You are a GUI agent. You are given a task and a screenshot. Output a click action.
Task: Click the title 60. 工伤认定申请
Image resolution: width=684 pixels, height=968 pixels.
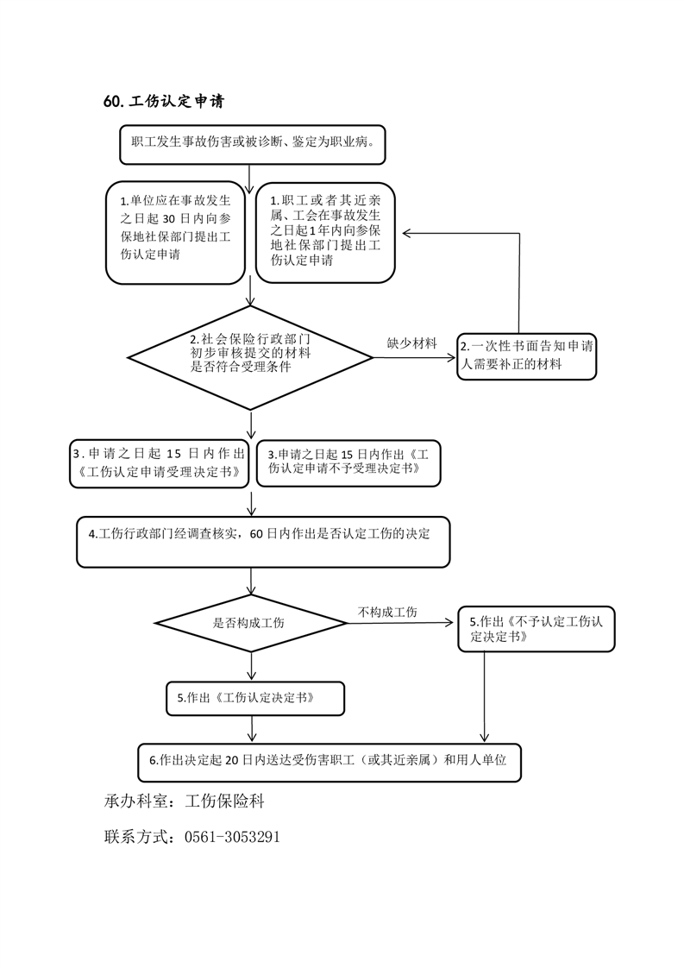[x=163, y=102]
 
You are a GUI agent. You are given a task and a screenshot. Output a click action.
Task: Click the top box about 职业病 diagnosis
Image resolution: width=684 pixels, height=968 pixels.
[x=252, y=144]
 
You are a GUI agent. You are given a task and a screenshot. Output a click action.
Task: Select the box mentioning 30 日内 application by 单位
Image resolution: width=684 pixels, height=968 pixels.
[x=176, y=232]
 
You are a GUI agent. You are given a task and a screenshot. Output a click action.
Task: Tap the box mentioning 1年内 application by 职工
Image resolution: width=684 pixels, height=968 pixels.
[x=325, y=232]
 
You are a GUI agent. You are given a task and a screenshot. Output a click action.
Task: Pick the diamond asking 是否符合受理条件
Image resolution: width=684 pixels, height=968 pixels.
[x=250, y=356]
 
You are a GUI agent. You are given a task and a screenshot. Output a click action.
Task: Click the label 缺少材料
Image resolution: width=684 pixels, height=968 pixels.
[x=411, y=343]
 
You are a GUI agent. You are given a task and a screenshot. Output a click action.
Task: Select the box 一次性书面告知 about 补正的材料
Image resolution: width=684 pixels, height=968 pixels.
[x=526, y=356]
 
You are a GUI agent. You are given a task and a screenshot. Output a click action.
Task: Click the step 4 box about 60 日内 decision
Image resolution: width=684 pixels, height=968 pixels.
[x=263, y=541]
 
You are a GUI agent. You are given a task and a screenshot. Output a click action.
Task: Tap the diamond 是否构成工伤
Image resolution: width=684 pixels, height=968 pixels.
[x=250, y=622]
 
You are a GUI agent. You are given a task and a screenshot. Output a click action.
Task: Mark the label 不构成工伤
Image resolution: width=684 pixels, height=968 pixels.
[x=387, y=612]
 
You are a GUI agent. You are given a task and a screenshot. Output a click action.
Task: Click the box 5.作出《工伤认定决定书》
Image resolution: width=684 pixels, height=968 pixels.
[x=255, y=698]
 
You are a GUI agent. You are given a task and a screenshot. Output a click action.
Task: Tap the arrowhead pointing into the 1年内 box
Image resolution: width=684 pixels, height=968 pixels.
[x=403, y=233]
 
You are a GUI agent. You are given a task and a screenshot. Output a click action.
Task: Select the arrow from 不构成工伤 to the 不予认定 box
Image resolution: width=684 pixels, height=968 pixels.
[x=405, y=622]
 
